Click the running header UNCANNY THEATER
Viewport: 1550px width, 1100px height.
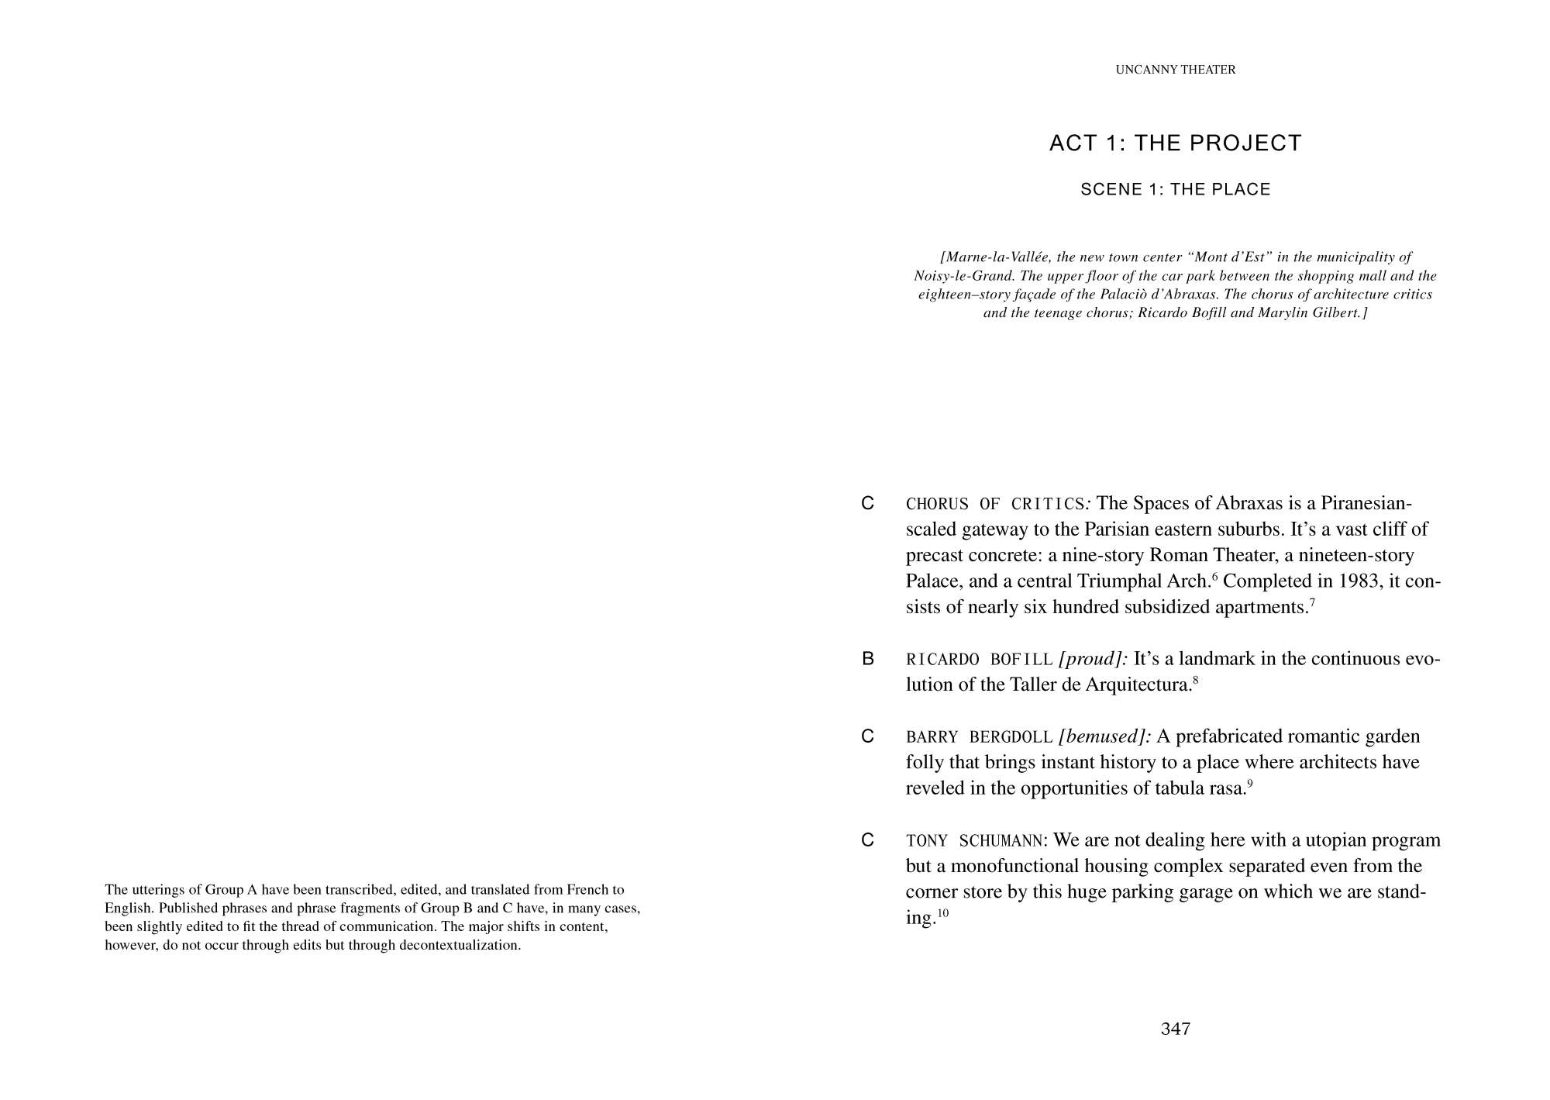[x=1175, y=70]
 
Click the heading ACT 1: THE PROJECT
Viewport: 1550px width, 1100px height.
[x=1175, y=143]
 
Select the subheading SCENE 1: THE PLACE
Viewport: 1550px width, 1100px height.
[x=1175, y=190]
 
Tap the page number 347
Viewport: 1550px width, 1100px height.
[x=1175, y=1029]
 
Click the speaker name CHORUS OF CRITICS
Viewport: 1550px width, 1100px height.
[x=995, y=505]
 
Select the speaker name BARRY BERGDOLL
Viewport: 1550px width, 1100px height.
[x=980, y=737]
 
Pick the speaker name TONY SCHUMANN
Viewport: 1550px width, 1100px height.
[x=976, y=841]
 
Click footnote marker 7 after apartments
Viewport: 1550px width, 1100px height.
[x=1312, y=602]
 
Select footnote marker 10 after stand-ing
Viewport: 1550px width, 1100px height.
[x=942, y=913]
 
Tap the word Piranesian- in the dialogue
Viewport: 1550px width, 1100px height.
[x=1366, y=504]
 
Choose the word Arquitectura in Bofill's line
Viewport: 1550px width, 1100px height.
[x=1138, y=685]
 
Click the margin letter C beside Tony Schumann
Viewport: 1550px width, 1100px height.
[x=868, y=840]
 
